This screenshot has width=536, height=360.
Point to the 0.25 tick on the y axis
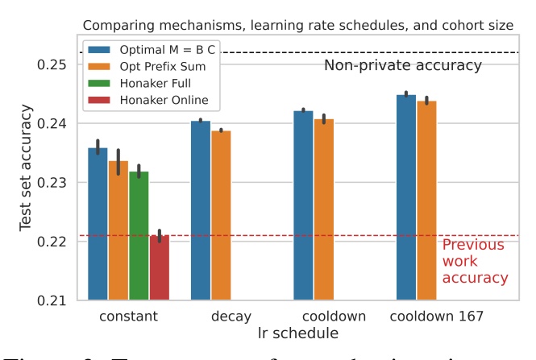point(52,64)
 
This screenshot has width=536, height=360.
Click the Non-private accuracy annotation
point(402,65)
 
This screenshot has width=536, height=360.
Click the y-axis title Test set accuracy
point(27,181)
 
